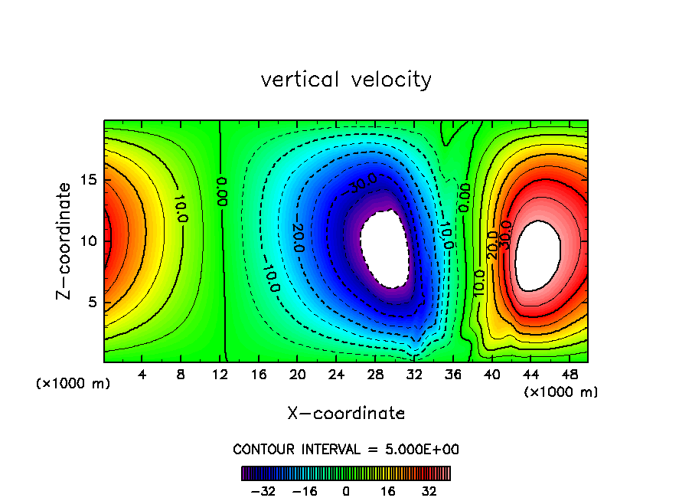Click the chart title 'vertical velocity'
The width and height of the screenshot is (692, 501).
346,80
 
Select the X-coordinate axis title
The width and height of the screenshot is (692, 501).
346,414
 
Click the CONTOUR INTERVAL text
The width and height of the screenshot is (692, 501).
346,449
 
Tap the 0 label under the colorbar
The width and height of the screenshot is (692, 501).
346,490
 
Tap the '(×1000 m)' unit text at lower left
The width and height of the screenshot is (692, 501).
73,384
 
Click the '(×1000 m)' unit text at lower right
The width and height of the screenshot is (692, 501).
561,391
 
